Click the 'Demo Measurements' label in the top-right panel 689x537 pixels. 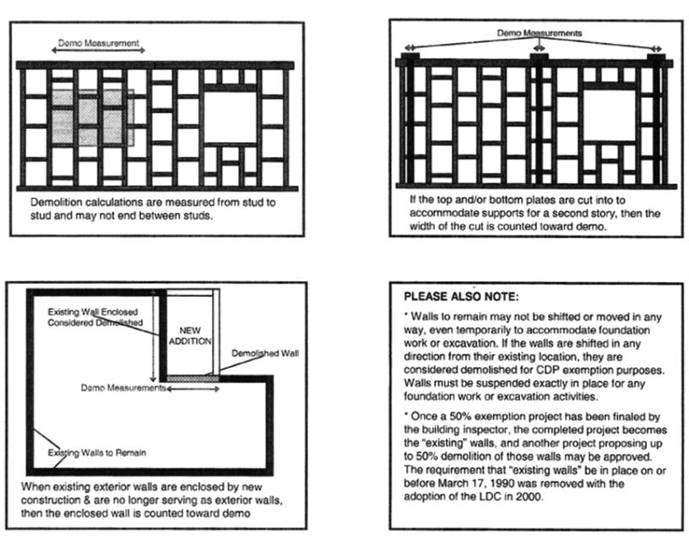(538, 33)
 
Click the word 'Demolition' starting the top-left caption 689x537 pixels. (52, 203)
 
